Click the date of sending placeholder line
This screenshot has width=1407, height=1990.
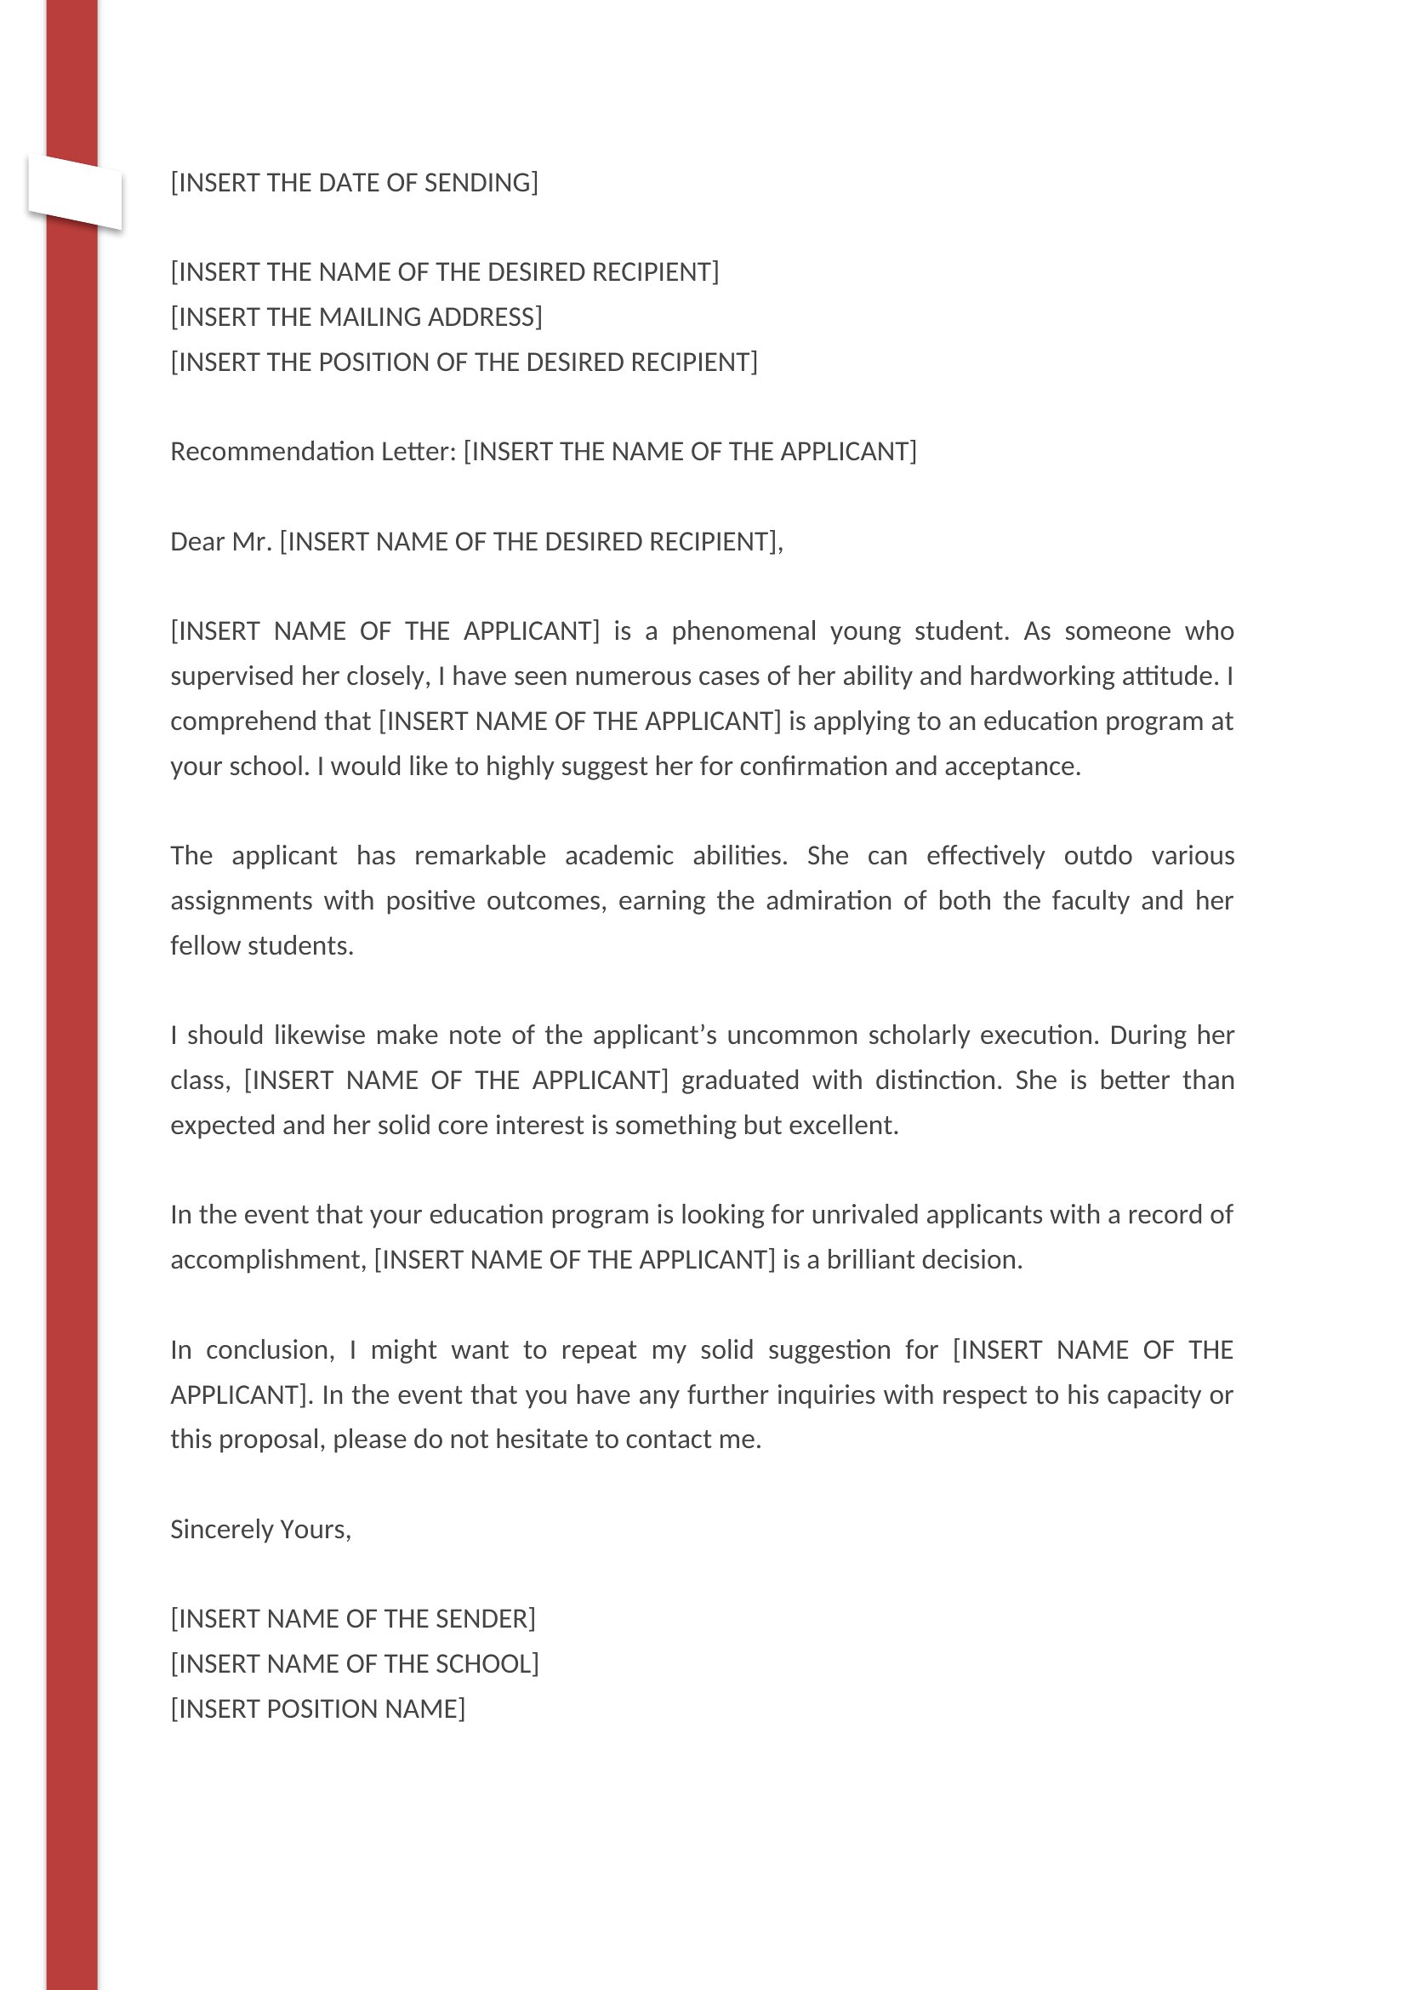click(354, 183)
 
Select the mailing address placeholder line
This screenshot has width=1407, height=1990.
click(356, 317)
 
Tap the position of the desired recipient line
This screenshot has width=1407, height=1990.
click(464, 362)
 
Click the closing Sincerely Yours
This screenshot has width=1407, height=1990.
click(260, 1530)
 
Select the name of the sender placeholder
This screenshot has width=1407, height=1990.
click(353, 1619)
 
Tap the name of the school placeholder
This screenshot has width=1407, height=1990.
click(355, 1664)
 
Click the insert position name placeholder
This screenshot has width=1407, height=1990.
click(317, 1709)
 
